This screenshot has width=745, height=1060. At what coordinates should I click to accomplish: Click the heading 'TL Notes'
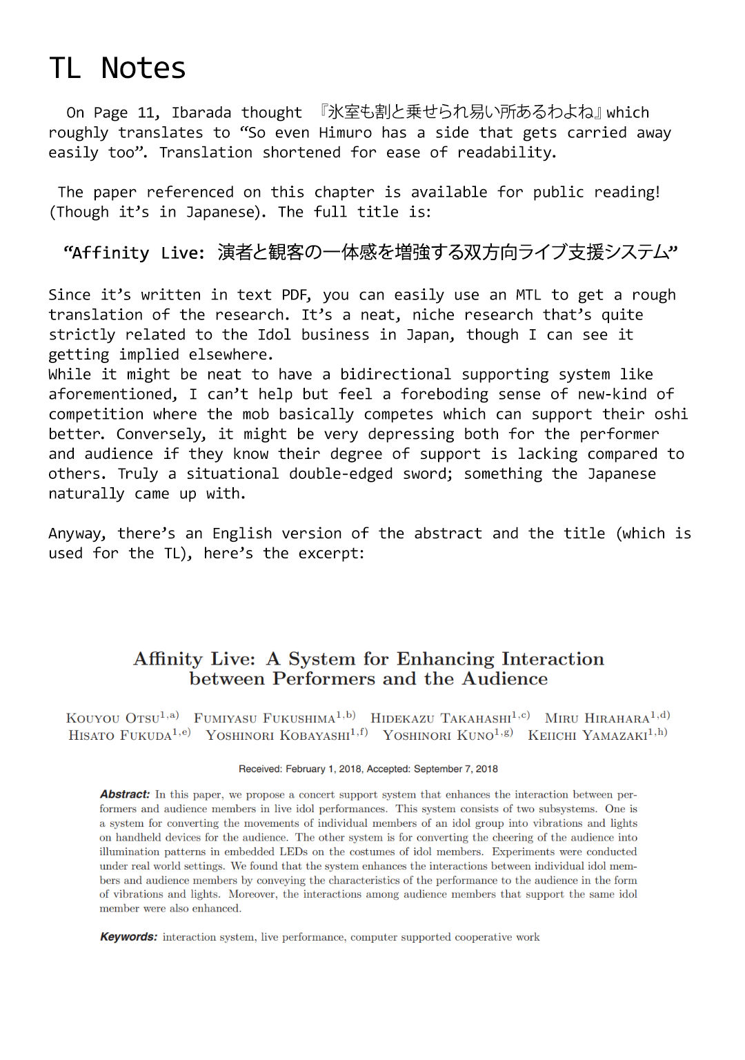[x=117, y=68]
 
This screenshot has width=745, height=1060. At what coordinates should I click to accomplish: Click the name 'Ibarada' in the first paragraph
[x=201, y=112]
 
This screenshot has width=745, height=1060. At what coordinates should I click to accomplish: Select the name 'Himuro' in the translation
[x=345, y=132]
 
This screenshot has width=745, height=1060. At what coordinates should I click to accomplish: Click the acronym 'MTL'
[x=528, y=295]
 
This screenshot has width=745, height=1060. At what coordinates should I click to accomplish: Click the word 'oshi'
[x=670, y=414]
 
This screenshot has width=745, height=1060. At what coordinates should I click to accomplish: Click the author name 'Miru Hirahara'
[x=597, y=718]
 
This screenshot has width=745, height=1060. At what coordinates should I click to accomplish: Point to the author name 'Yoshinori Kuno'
[x=439, y=736]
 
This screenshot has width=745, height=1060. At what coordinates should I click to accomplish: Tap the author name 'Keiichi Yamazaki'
[x=588, y=736]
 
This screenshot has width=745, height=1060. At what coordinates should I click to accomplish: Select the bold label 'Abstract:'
[x=125, y=794]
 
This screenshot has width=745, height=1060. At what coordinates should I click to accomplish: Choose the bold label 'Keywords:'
[x=129, y=937]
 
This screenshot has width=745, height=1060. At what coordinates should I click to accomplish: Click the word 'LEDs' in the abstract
[x=294, y=852]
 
